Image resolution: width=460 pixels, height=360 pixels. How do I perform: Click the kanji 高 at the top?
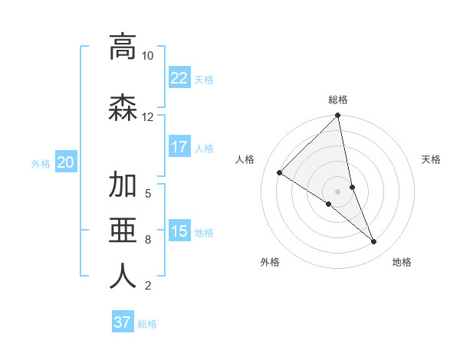123,47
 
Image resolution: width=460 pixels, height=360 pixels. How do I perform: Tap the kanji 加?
123,185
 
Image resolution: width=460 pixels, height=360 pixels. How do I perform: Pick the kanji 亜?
123,231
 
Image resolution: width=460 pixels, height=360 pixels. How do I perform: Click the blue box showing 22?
179,78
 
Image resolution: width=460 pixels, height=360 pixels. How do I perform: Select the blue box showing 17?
179,147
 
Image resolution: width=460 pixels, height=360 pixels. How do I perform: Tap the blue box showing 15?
179,231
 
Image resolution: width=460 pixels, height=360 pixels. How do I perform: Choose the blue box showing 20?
66,162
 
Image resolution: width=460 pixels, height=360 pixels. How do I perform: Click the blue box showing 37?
123,322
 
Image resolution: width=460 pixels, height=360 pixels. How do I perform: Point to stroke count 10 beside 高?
147,56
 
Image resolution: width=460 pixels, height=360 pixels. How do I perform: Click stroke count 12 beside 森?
147,117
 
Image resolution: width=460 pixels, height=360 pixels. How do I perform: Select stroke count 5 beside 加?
147,193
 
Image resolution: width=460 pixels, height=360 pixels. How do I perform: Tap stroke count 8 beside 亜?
147,240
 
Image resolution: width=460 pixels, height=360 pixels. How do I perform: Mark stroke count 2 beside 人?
147,286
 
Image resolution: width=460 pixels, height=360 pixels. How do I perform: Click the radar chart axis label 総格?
338,100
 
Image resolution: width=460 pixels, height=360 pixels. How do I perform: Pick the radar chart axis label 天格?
432,159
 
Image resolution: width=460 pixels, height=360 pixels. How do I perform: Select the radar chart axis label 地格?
402,262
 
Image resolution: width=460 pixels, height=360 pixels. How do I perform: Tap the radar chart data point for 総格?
338,116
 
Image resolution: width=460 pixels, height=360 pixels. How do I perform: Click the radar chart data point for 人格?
280,172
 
